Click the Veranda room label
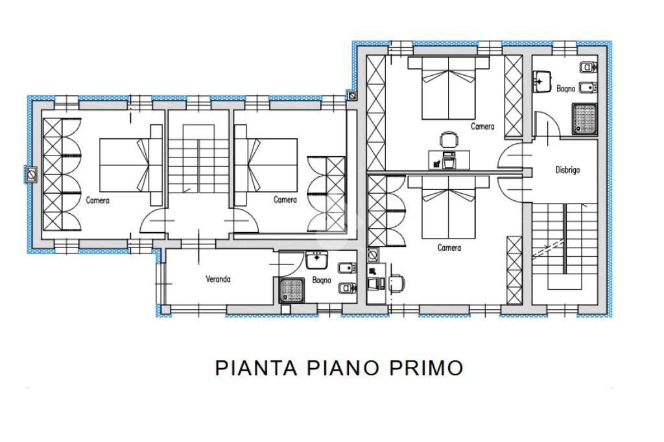click(x=218, y=279)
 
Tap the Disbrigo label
click(x=567, y=170)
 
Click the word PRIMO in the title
click(x=426, y=368)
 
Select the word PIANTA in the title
click(x=256, y=368)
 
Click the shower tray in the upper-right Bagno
click(x=584, y=119)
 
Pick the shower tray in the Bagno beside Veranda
click(x=291, y=290)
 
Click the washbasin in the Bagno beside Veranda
click(x=316, y=259)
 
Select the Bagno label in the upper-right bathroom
click(x=565, y=89)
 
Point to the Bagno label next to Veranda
click(x=322, y=280)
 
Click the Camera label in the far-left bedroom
click(x=97, y=200)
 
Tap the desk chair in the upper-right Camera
click(x=449, y=139)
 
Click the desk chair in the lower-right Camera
click(x=396, y=284)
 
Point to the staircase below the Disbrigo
click(x=565, y=246)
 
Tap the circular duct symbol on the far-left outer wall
click(x=31, y=174)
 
